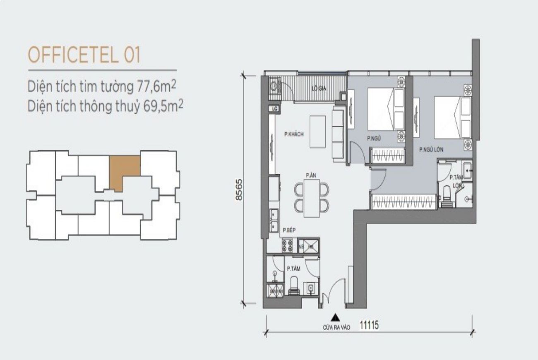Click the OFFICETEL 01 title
(84, 55)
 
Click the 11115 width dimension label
(369, 326)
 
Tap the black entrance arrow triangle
(337, 318)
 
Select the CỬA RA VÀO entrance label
(337, 327)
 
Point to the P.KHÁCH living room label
(294, 134)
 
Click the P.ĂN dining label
(311, 175)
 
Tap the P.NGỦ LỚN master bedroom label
(431, 150)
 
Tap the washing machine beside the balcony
(274, 87)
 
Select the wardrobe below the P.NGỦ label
(388, 156)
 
